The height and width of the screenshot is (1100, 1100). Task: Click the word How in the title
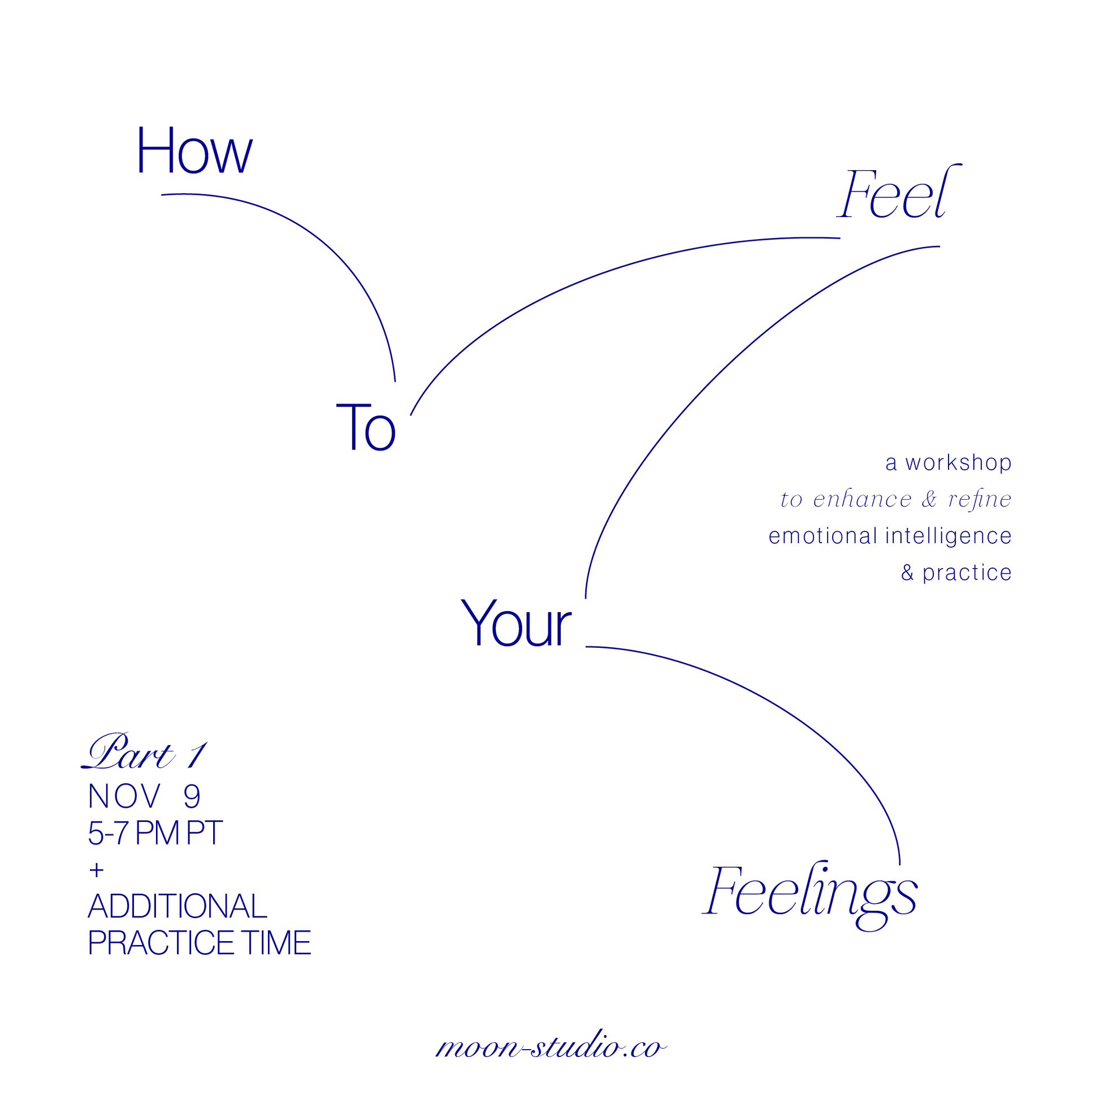pos(194,150)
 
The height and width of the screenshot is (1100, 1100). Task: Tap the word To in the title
pos(366,426)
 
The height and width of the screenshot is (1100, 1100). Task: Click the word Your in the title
pos(516,623)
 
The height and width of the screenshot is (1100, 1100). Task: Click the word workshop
pos(958,463)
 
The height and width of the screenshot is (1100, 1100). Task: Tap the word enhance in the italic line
pos(863,499)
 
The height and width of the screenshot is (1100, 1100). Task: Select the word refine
pos(980,499)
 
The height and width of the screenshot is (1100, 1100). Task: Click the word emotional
pos(823,536)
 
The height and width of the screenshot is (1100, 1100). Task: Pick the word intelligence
pos(949,536)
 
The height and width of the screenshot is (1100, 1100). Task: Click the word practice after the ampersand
pos(967,573)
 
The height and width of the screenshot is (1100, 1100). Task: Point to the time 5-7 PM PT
pos(155,833)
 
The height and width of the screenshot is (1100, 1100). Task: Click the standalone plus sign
pos(97,870)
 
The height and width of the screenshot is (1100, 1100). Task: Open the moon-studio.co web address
pos(551,1046)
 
